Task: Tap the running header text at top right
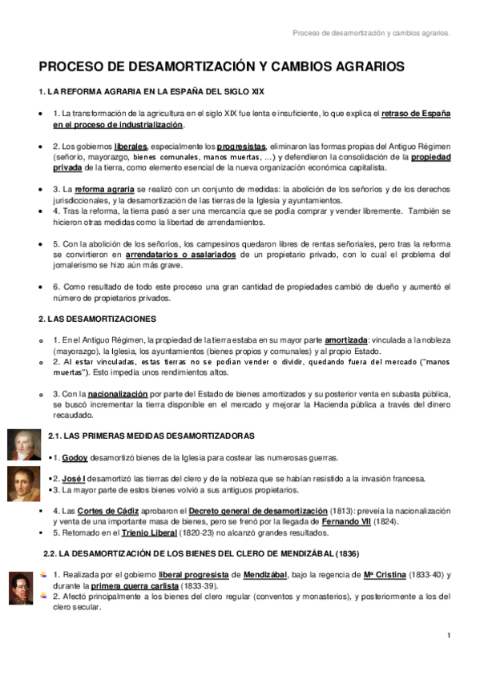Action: pyautogui.click(x=371, y=34)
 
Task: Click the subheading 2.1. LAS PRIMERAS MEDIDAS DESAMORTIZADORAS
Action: pyautogui.click(x=151, y=436)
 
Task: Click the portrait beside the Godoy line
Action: pyautogui.click(x=24, y=444)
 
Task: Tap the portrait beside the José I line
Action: pyautogui.click(x=24, y=482)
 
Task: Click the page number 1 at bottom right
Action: pyautogui.click(x=450, y=635)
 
